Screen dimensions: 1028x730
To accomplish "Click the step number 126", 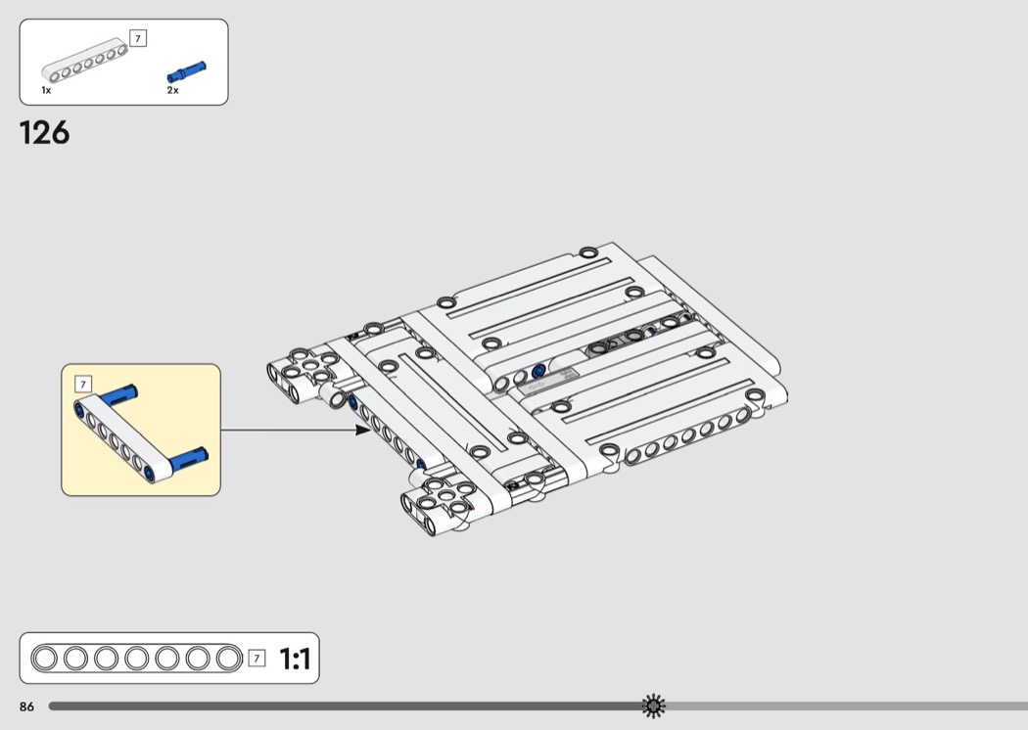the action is [45, 132].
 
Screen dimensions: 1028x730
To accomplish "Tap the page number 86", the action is [26, 707].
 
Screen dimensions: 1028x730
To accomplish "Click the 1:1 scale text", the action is [295, 659].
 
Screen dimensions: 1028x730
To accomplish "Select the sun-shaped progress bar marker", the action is [653, 706].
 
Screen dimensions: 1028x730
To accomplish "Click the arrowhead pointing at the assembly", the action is [362, 430].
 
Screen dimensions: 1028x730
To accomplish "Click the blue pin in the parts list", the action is [187, 70].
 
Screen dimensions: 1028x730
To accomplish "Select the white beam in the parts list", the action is [84, 60].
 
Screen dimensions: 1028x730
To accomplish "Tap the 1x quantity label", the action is [46, 90].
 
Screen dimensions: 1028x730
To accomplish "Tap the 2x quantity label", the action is [172, 90].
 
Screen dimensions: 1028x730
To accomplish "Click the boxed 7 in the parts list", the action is [138, 39].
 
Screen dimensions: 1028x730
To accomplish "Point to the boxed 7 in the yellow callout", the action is [83, 384].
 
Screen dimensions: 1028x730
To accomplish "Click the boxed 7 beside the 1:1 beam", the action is [257, 658].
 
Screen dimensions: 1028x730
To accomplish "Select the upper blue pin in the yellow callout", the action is [118, 394].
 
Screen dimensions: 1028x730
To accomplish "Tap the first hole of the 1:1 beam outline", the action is [45, 658].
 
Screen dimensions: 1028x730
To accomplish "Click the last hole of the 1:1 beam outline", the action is [229, 658].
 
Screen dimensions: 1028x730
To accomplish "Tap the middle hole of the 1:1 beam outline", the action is [136, 658].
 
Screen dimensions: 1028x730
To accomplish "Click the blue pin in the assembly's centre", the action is [538, 372].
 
